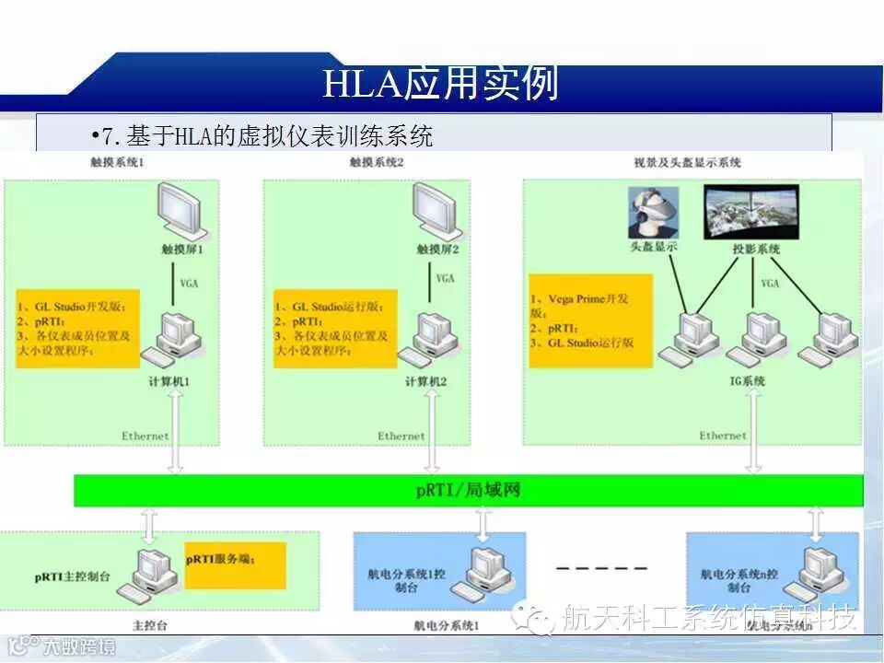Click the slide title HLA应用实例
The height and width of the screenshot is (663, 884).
point(440,84)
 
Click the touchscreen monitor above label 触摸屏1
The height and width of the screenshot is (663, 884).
point(180,211)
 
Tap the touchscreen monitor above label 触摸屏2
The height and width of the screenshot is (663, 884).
point(436,210)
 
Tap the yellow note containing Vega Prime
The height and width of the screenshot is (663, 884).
point(589,320)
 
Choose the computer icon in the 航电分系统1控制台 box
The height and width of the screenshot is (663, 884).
point(487,572)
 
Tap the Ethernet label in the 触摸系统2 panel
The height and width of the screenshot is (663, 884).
point(401,436)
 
